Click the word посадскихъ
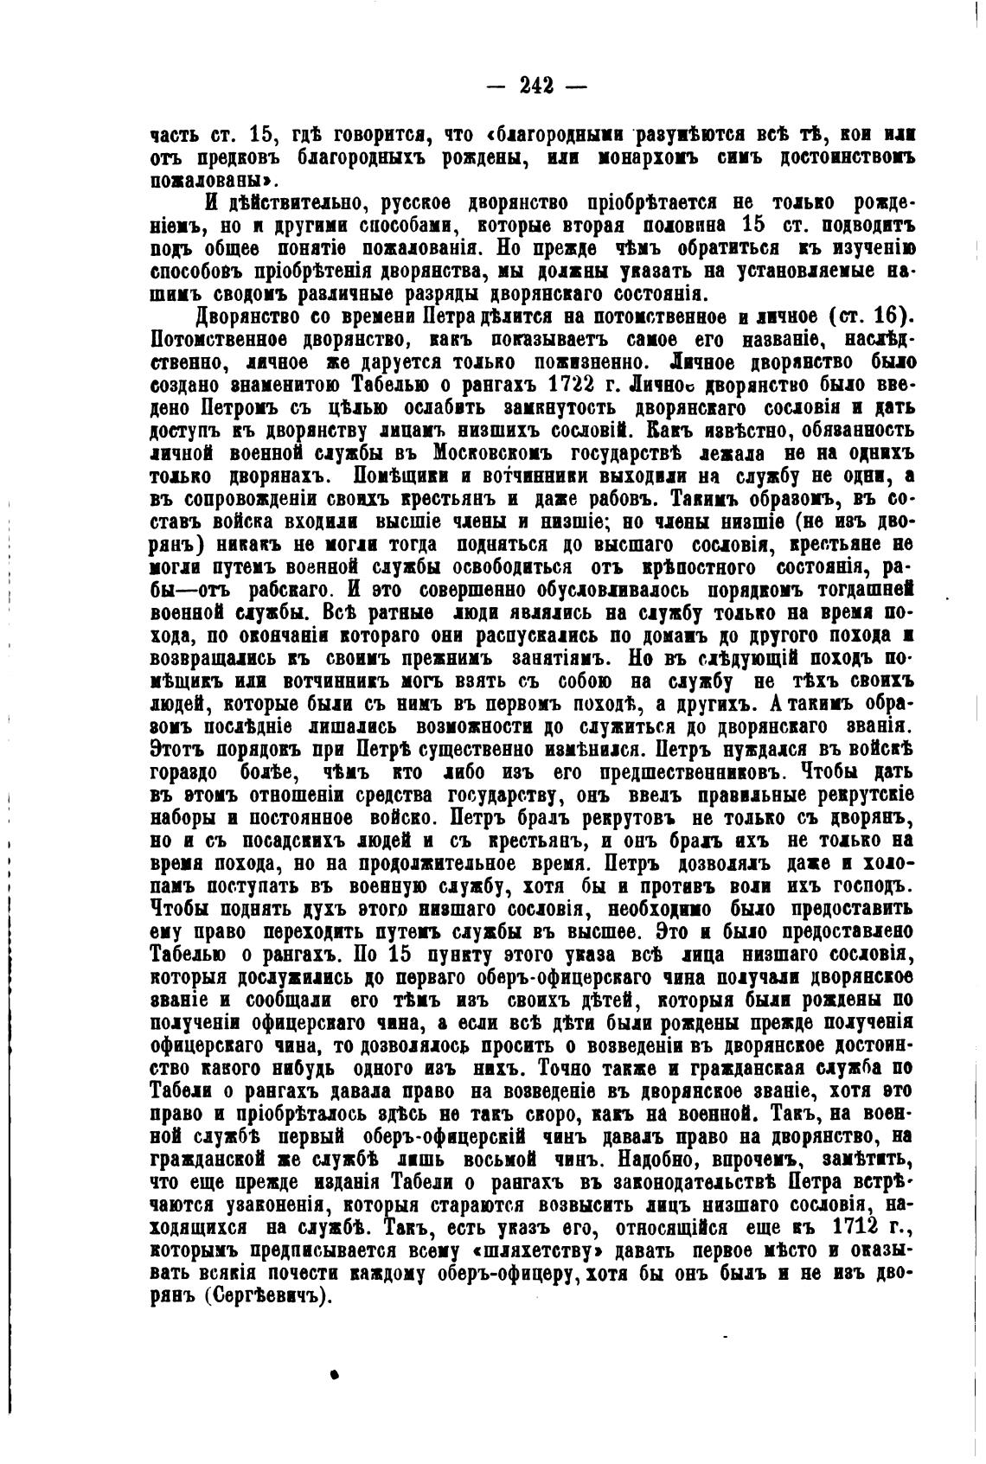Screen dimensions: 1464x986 pos(296,841)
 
